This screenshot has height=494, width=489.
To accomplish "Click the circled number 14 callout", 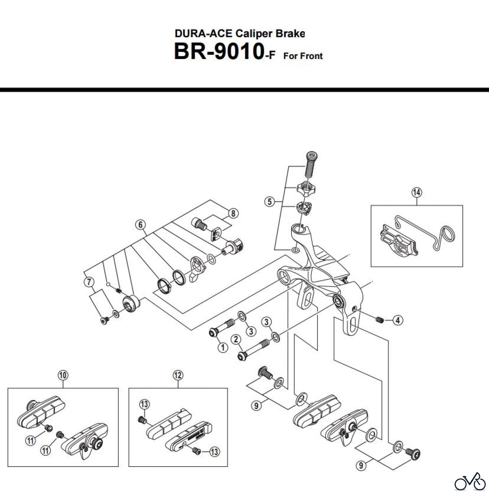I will click(416, 192).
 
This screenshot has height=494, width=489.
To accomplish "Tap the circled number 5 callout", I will click(269, 202).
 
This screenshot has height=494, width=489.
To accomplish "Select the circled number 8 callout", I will click(233, 213).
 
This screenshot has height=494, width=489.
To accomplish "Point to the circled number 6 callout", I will click(140, 225).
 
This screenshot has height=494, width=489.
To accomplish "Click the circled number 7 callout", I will click(89, 282).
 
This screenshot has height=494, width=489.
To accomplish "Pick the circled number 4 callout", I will click(398, 320).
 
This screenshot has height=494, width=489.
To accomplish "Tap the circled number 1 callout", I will click(223, 347).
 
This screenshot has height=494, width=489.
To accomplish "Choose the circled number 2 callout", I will click(236, 339).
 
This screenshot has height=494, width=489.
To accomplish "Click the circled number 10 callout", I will click(63, 375).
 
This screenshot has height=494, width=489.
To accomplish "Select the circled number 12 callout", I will click(178, 375).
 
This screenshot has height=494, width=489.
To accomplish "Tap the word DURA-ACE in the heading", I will click(204, 33).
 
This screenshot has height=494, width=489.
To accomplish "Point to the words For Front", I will click(303, 56).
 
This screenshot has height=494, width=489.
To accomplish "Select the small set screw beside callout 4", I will click(379, 319).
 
